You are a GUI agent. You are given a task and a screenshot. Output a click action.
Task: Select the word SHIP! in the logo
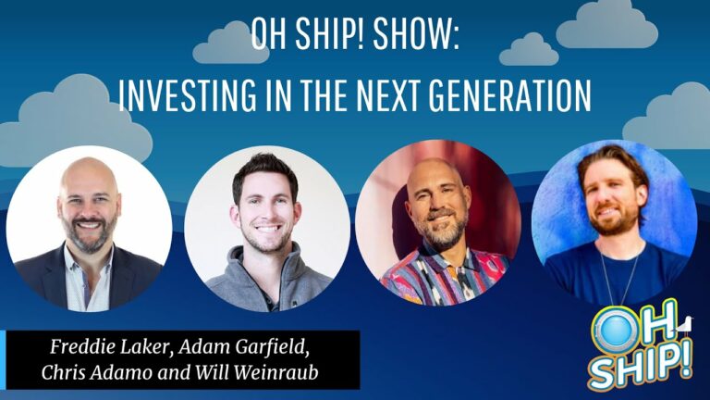pyautogui.click(x=641, y=366)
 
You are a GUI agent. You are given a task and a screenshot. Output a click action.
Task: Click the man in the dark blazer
pyautogui.click(x=89, y=228)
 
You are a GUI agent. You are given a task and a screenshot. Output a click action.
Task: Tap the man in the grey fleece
pyautogui.click(x=267, y=232)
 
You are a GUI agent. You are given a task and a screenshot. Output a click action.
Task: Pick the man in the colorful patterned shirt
pyautogui.click(x=438, y=229)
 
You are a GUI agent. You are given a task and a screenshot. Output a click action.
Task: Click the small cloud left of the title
pyautogui.click(x=231, y=43)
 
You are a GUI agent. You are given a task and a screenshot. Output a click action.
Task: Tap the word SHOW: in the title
pyautogui.click(x=417, y=34)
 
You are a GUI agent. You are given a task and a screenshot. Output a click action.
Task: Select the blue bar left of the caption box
pyautogui.click(x=3, y=359)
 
